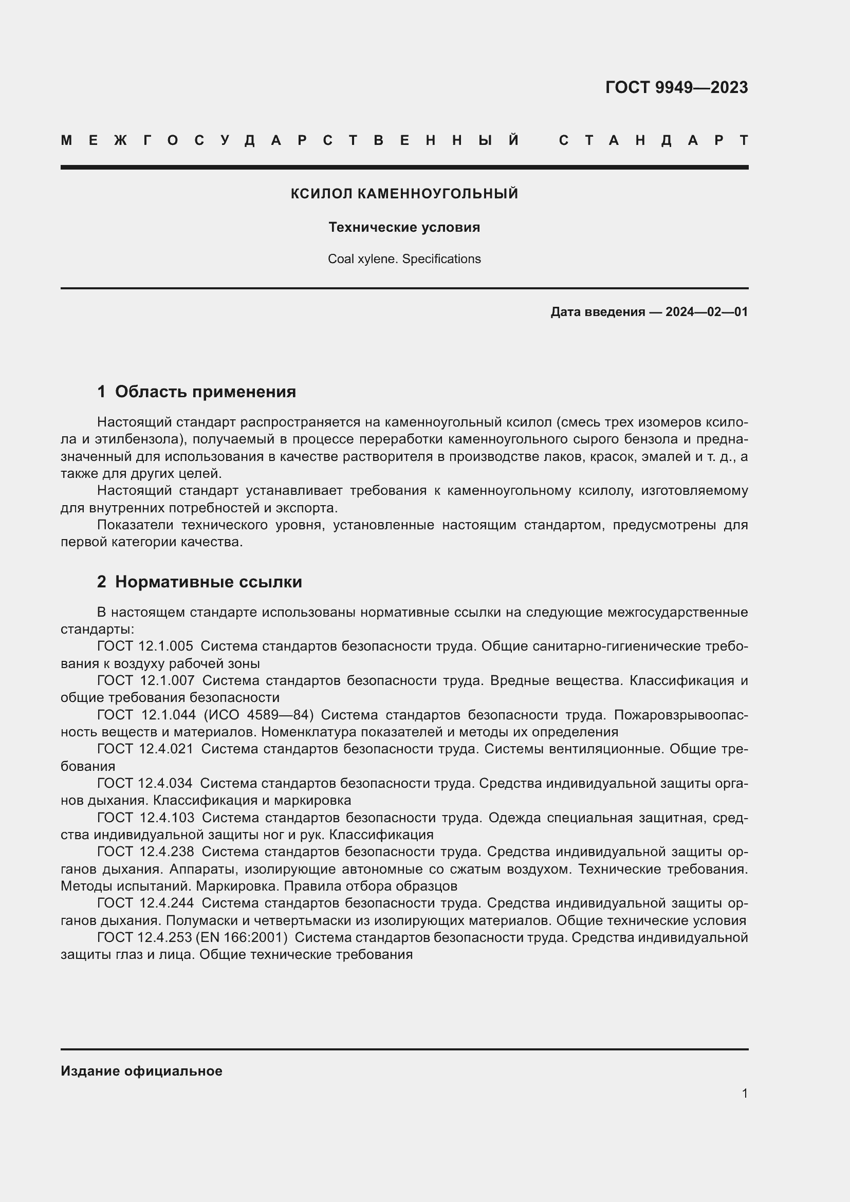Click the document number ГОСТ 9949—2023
(676, 87)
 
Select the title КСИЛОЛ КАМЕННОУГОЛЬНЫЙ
(404, 194)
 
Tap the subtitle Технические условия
(404, 227)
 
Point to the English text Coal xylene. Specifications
(404, 259)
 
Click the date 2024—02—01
(706, 312)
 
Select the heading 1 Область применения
(196, 392)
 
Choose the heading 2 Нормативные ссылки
(199, 582)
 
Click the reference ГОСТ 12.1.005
(145, 646)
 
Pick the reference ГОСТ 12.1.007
(145, 680)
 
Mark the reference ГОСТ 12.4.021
(145, 749)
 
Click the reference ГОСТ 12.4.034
(144, 783)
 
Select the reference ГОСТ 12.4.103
(145, 817)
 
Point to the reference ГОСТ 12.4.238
(145, 852)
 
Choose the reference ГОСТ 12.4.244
(145, 903)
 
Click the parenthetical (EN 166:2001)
(242, 937)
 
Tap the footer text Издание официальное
(141, 1071)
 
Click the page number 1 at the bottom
(744, 1094)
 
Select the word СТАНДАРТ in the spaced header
(654, 140)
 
